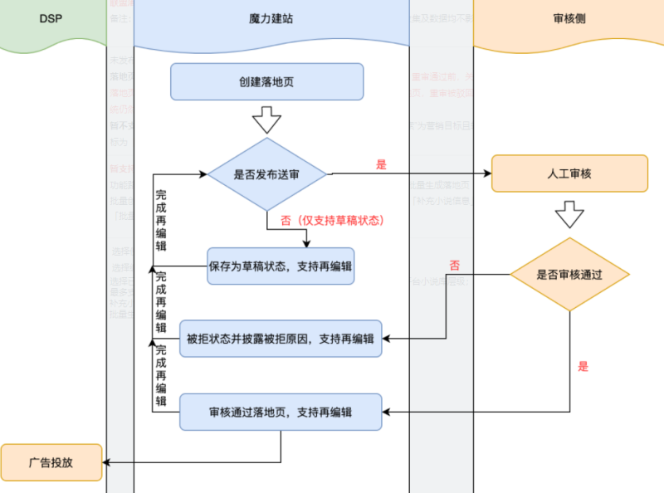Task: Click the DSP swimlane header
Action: coord(51,17)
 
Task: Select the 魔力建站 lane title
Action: coord(271,18)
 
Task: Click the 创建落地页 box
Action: coord(266,82)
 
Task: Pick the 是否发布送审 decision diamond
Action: coord(268,174)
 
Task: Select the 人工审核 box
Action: coord(569,174)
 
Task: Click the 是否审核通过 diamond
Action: coord(569,274)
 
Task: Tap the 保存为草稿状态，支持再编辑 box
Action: coord(281,266)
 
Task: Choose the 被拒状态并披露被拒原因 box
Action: coord(280,339)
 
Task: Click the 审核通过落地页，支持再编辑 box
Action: coord(281,412)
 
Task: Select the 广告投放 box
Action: coord(51,462)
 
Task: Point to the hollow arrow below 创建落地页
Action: coord(266,122)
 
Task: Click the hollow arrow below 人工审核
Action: coord(569,213)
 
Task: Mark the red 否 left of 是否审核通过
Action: coord(454,266)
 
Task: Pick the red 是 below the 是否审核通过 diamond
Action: coord(582,366)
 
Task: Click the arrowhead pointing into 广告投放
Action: coord(107,462)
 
